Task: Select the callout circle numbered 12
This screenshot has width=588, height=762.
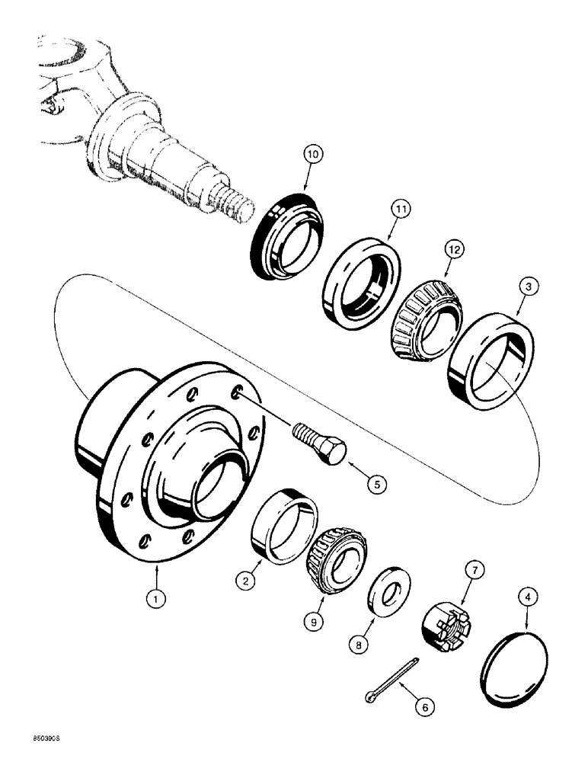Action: [x=454, y=248]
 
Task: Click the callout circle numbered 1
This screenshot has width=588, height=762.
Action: [x=156, y=600]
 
